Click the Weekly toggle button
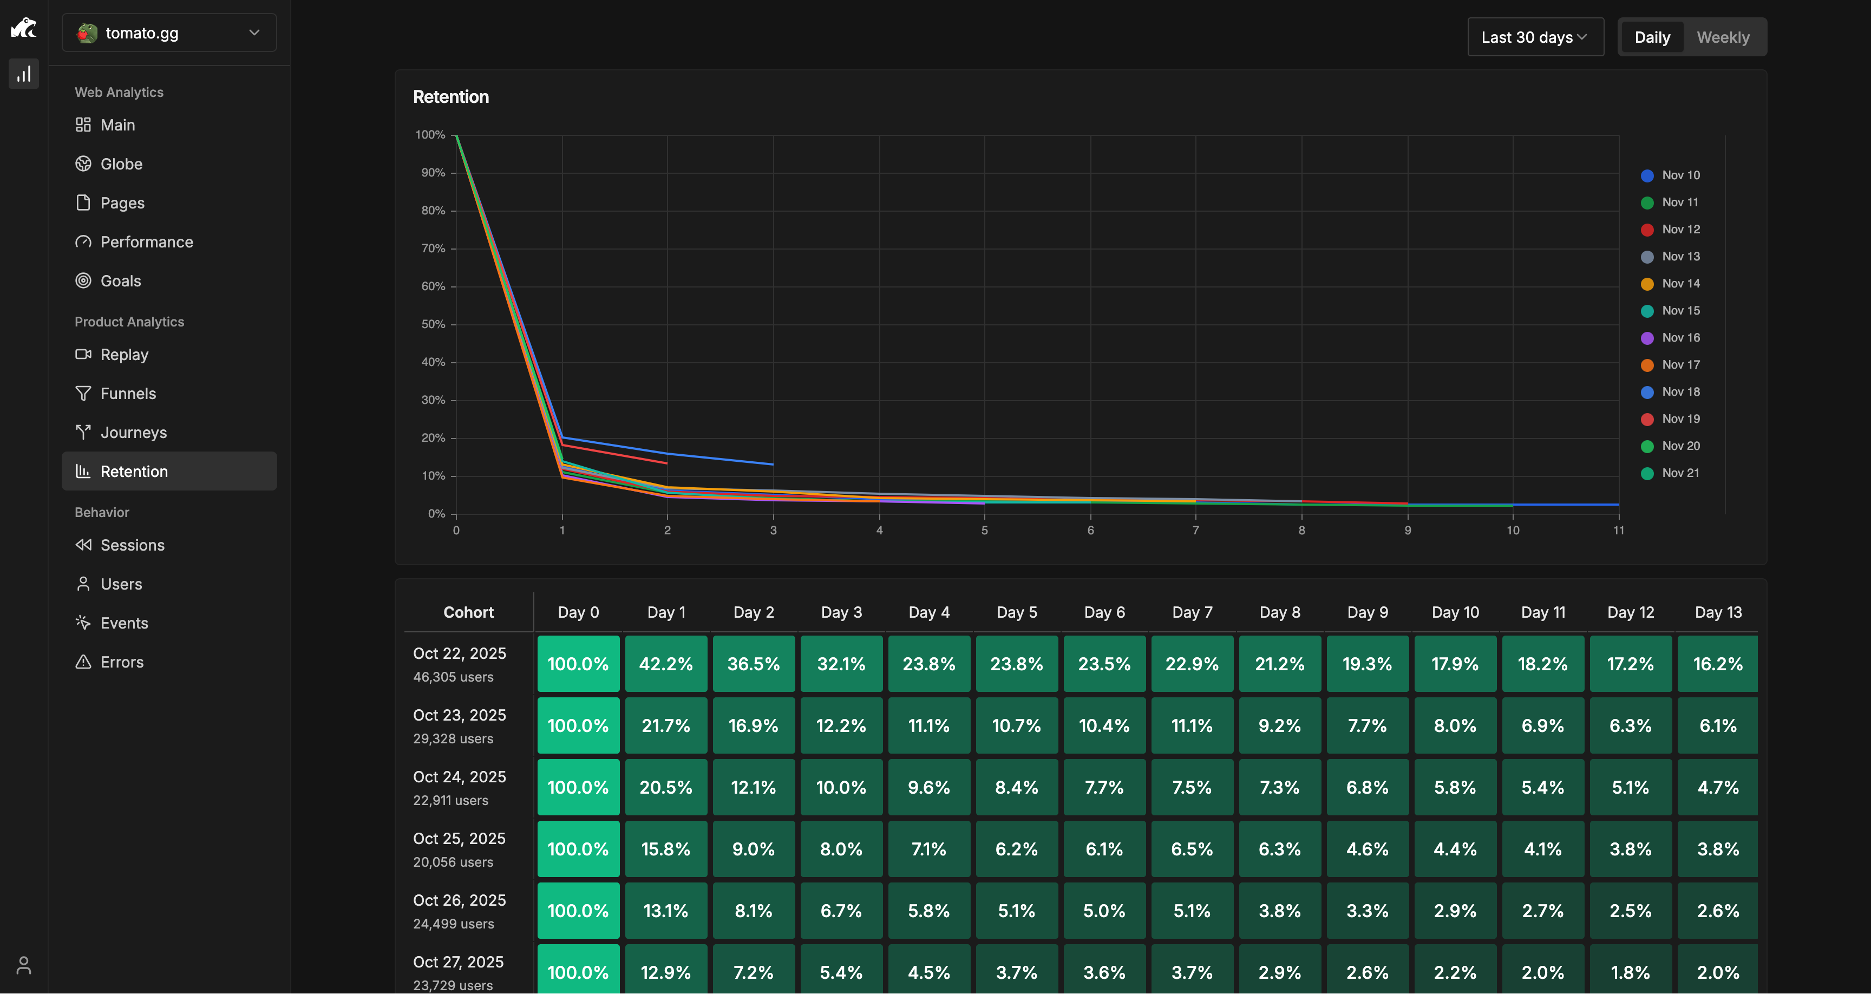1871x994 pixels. tap(1722, 37)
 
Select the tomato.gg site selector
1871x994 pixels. tap(168, 32)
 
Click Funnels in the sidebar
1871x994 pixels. tap(128, 393)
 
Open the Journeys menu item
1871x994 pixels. tap(133, 433)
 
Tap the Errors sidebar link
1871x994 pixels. tap(121, 662)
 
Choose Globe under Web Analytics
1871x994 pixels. tap(121, 164)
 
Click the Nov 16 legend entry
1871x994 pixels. tap(1680, 337)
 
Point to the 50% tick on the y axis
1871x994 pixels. tap(433, 324)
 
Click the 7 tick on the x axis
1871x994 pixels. tap(1195, 531)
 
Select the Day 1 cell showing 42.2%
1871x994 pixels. tap(665, 663)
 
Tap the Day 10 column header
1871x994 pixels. tap(1455, 612)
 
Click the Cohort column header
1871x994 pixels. tap(468, 612)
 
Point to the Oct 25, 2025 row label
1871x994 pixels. tap(459, 839)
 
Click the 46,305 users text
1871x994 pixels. tap(453, 677)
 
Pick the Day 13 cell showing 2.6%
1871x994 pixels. tap(1717, 911)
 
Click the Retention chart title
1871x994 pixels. tap(450, 96)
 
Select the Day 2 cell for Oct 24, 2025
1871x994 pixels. tap(753, 787)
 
